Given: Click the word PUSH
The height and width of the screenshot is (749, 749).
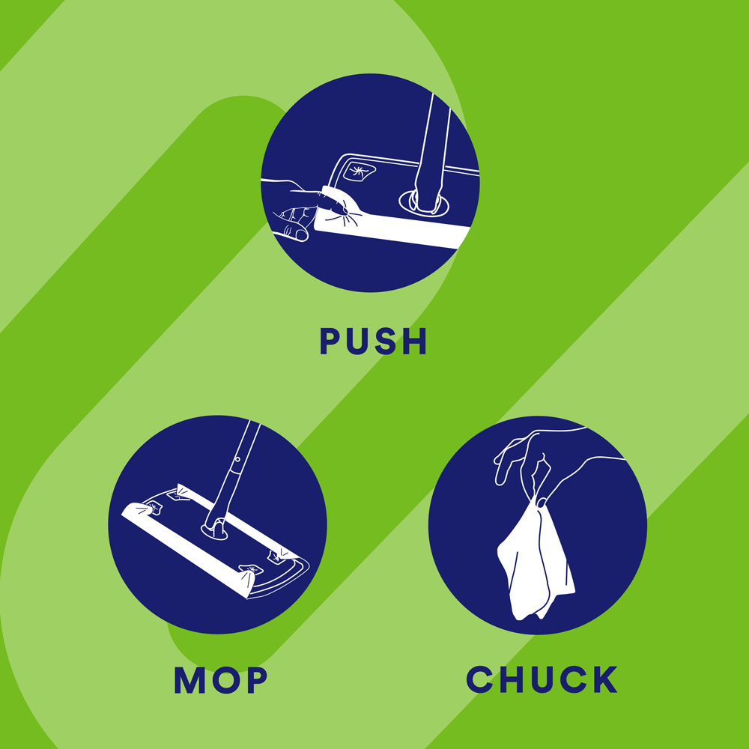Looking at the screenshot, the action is (373, 341).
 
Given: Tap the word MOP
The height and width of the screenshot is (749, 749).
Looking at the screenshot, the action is (221, 680).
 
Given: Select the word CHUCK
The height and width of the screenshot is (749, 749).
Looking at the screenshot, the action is (542, 679).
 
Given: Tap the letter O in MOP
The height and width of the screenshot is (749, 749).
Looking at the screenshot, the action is (227, 680).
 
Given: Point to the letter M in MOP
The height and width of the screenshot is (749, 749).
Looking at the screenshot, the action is (190, 680).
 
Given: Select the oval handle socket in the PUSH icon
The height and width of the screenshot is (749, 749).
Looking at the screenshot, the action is (424, 203).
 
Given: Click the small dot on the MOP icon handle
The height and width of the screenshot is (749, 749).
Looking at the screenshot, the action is (237, 459).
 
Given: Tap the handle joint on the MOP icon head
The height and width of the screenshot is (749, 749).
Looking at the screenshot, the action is (214, 530).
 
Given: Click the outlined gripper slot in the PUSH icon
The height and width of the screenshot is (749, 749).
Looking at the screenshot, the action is (360, 171).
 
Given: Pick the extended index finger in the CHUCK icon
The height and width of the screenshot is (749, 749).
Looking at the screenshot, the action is (506, 466).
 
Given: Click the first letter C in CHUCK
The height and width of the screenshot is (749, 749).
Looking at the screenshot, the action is (479, 679).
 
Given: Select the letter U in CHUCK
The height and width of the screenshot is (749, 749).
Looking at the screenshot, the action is (542, 680).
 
